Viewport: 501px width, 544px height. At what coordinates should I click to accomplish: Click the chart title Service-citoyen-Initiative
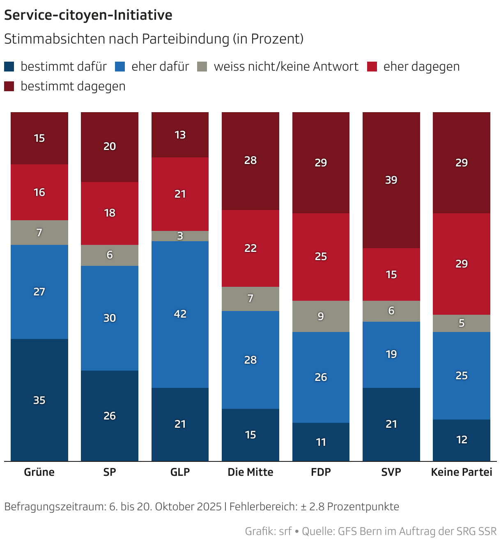pos(88,15)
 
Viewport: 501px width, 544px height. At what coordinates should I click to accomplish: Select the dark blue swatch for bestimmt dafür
pos(9,67)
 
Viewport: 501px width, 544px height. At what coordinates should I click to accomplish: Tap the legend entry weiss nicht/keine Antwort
pos(286,67)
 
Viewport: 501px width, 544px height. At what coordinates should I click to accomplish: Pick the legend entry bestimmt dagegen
pos(73,86)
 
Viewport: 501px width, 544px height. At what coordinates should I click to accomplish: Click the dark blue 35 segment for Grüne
pos(39,400)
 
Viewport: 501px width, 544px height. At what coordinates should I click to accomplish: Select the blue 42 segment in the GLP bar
pos(180,314)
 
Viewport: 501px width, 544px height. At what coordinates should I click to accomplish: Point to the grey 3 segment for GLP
pos(180,236)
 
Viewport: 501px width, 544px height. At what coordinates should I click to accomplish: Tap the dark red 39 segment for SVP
pos(391,180)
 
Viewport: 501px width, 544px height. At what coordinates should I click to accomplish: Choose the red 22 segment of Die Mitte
pos(250,248)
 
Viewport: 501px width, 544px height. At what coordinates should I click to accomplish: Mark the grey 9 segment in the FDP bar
pos(321,316)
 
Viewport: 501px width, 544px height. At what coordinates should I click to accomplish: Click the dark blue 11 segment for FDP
pos(321,442)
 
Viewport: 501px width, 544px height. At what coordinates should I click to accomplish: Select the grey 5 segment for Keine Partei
pos(462,323)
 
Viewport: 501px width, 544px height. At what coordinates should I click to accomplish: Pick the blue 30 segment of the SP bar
pos(110,318)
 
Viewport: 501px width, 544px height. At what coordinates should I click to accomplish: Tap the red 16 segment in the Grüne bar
pos(39,192)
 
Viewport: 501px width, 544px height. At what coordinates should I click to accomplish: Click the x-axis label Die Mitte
pos(250,472)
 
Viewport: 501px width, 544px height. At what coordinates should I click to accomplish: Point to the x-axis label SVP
pos(391,472)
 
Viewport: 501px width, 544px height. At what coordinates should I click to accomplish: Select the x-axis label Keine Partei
pos(462,472)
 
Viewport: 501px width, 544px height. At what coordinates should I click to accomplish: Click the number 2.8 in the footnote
pos(317,507)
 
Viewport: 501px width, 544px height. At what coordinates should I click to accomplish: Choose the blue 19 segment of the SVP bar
pos(391,354)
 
